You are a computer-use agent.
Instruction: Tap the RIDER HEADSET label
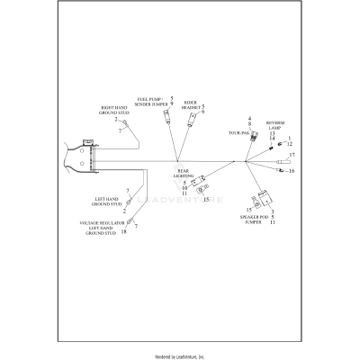191,105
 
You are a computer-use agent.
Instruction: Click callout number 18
123,232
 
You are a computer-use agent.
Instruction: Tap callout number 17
292,156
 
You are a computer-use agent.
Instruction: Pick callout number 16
292,170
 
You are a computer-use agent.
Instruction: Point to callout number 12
291,143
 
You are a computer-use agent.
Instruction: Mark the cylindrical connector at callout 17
282,163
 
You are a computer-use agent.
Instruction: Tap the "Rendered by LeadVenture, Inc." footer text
180,356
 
